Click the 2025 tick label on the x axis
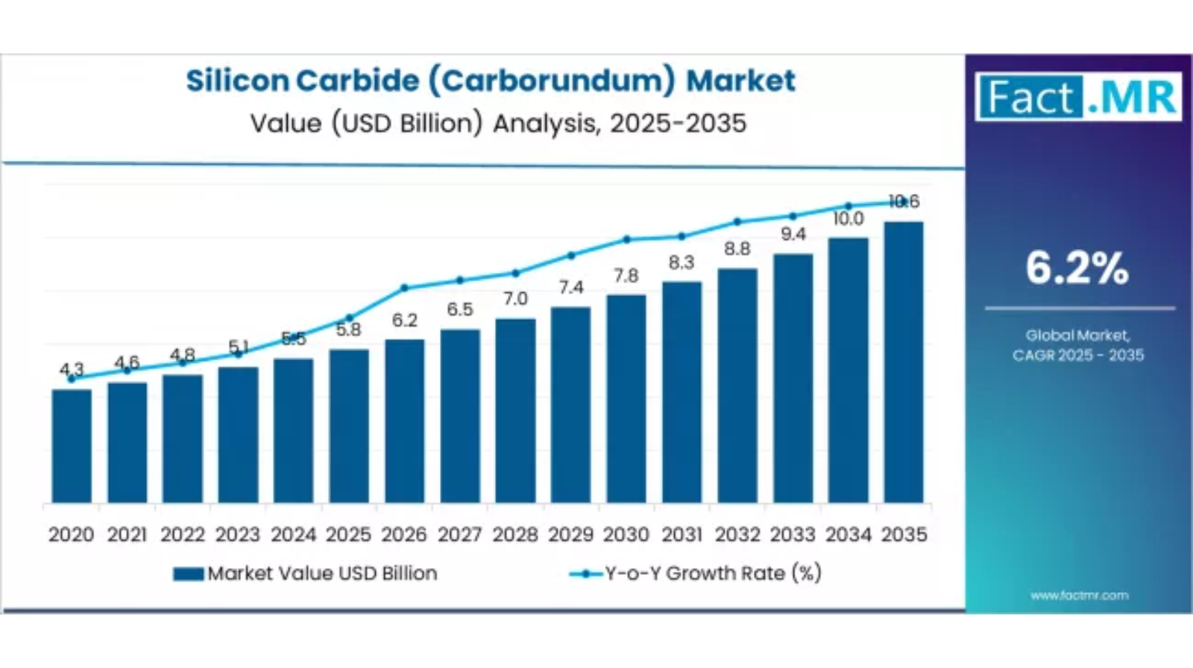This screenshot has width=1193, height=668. click(x=348, y=535)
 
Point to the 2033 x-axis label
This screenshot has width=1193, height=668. click(x=793, y=535)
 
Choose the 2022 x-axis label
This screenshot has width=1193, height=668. click(x=183, y=535)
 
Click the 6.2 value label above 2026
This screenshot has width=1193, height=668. click(x=404, y=321)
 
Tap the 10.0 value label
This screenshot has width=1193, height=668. click(x=848, y=219)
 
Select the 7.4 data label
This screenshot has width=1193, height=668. click(x=570, y=288)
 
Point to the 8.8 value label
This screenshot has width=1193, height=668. click(x=737, y=249)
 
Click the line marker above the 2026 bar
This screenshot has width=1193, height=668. click(x=404, y=288)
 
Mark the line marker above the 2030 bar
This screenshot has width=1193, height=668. click(x=626, y=239)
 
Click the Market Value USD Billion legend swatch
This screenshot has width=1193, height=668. click(x=188, y=574)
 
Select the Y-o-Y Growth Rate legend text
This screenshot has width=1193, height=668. click(x=713, y=573)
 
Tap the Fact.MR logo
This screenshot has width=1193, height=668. click(x=1078, y=97)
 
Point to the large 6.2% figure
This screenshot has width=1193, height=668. click(x=1077, y=268)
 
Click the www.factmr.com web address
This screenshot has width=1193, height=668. click(x=1079, y=596)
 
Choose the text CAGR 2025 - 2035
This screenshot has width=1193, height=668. click(x=1077, y=356)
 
